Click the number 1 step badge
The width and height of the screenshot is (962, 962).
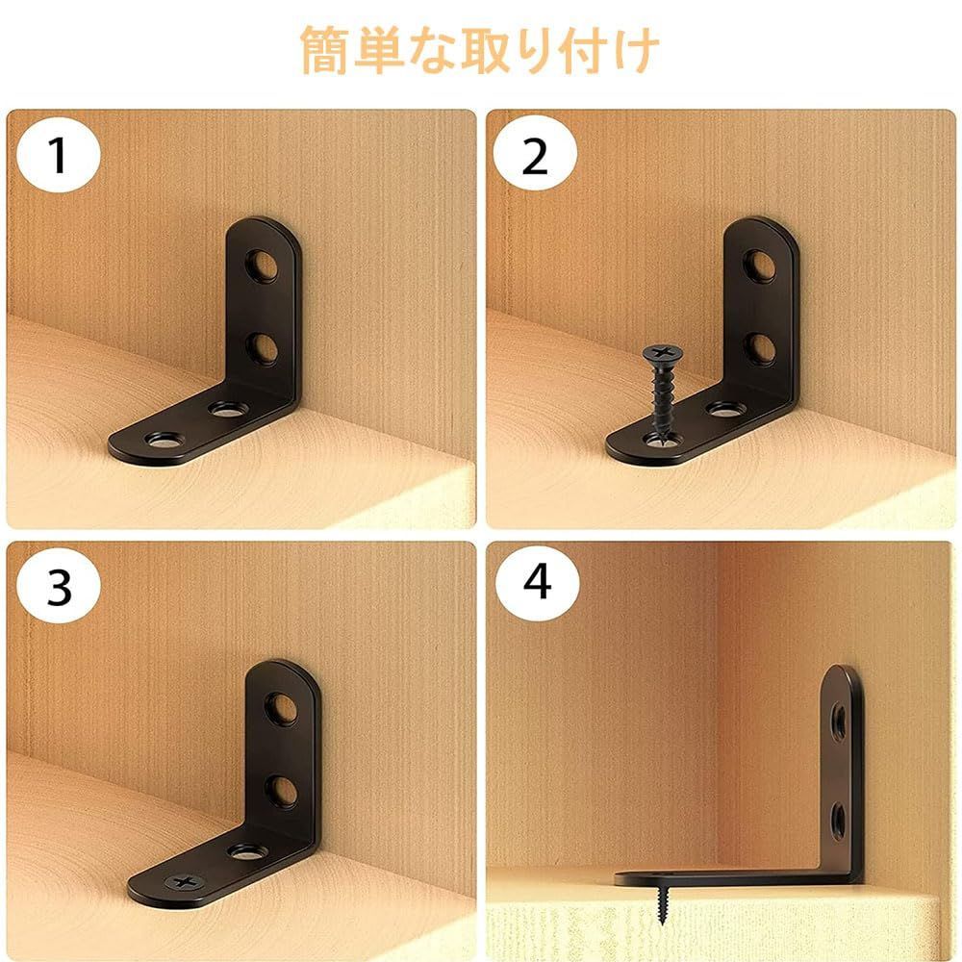(x=59, y=155)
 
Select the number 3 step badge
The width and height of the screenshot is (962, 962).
(x=59, y=586)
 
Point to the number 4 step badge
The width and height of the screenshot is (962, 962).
(x=537, y=582)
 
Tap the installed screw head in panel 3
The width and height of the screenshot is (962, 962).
(x=184, y=882)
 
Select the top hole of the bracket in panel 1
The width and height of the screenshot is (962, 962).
(x=263, y=266)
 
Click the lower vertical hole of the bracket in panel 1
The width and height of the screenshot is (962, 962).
(x=263, y=349)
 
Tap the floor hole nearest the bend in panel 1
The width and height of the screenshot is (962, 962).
(x=229, y=408)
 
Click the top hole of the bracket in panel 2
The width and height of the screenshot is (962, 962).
(x=761, y=266)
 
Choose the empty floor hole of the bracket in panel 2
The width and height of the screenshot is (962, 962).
(x=726, y=408)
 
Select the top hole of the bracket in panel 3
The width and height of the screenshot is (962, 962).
(x=282, y=707)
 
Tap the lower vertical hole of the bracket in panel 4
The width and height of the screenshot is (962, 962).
(x=838, y=818)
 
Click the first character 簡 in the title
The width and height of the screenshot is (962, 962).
(x=324, y=50)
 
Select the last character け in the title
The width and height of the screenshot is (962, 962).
(x=636, y=50)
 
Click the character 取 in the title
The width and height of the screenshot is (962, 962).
(x=486, y=50)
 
